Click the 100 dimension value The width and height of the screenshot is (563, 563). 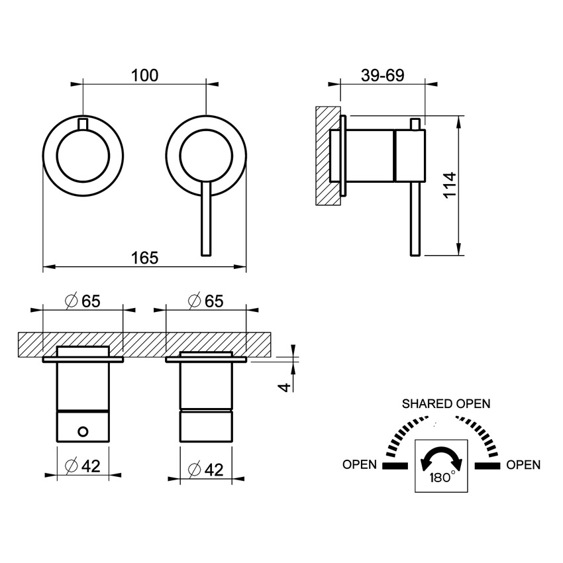(144, 76)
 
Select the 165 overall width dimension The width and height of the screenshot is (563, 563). (144, 258)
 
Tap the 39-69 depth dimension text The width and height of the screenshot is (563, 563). (382, 76)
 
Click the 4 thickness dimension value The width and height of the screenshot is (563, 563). (285, 385)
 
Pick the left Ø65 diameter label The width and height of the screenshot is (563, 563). (82, 300)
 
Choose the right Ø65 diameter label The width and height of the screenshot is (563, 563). (205, 300)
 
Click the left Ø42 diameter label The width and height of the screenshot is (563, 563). (82, 466)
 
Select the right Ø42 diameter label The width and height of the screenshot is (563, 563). (205, 469)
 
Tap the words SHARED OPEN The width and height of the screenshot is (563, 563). (446, 404)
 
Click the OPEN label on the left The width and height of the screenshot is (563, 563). (360, 465)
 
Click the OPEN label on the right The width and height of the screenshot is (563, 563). (523, 465)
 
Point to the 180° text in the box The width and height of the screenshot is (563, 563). (442, 478)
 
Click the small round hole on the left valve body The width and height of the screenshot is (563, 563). (82, 432)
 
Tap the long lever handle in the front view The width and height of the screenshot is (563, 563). (206, 222)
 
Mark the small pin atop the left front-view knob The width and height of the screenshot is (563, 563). (82, 123)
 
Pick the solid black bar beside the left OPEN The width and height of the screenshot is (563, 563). (392, 466)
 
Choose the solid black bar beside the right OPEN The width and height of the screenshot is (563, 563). (489, 466)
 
